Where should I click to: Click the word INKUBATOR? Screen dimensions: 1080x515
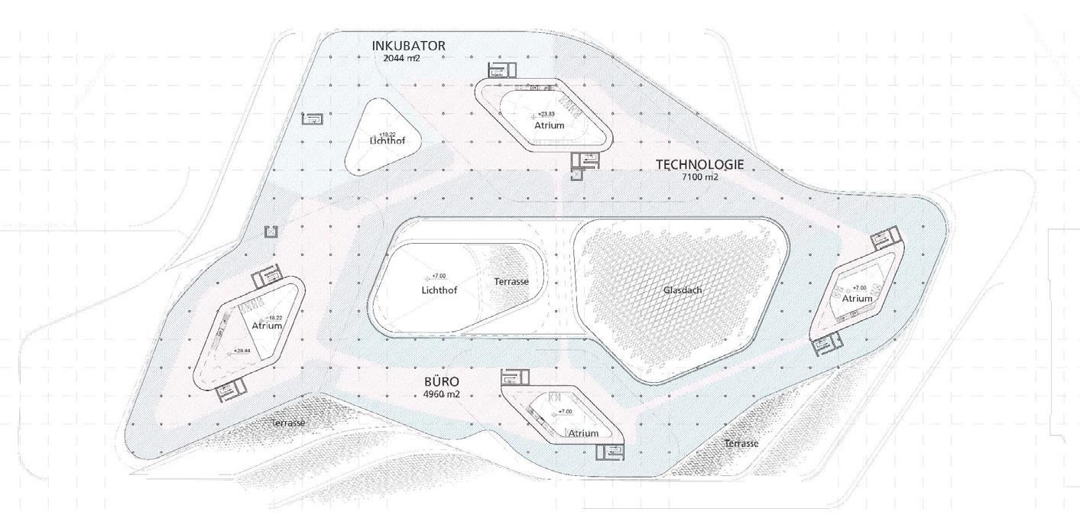pos(408,46)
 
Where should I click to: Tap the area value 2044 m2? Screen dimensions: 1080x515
pos(396,58)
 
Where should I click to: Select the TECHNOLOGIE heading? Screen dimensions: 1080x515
pos(699,164)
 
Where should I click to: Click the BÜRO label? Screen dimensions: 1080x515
pos(441,382)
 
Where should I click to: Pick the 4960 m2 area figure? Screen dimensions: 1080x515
pos(441,394)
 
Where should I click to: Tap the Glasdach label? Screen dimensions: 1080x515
pos(683,290)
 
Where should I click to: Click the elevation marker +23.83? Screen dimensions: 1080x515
pos(546,115)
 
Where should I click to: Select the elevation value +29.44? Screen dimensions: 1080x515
pos(243,351)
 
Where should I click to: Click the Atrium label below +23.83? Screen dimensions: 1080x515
pos(549,125)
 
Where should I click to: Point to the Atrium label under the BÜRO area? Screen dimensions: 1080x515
pos(583,433)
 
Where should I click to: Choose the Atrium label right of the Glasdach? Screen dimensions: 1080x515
pos(857,299)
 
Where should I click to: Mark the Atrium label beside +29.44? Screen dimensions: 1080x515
pos(267,326)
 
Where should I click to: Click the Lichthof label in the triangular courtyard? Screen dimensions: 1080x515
pos(387,141)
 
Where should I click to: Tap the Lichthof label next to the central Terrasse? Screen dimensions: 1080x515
pos(439,290)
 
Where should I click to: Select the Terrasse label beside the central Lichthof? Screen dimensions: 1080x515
pos(511,282)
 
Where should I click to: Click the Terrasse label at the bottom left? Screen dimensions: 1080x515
pos(288,423)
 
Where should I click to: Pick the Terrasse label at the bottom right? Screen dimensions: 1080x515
pos(741,444)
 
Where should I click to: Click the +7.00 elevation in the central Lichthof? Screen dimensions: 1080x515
pos(439,276)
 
